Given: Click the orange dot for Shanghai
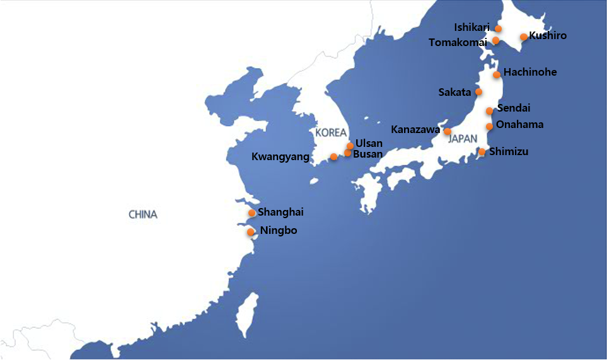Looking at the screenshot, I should (x=252, y=213).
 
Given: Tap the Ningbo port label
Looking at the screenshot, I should (x=278, y=231).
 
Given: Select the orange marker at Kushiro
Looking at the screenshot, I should (x=523, y=37).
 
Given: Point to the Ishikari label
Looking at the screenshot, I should (x=471, y=27).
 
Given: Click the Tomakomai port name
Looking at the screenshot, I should (x=458, y=42).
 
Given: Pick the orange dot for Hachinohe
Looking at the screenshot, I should (x=497, y=74).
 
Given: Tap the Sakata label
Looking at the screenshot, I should (x=454, y=92).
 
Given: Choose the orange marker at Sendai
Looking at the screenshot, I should (x=490, y=111).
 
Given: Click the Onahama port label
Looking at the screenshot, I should (x=519, y=124).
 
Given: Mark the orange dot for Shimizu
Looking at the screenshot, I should (x=482, y=151).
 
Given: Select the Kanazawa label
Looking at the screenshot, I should (x=415, y=129).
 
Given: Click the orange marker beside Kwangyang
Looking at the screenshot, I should (x=333, y=157).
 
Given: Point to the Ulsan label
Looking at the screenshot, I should (x=369, y=143).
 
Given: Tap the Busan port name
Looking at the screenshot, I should (x=367, y=154).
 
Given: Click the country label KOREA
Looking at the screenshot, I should (x=331, y=132).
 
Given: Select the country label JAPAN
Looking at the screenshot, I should (x=463, y=140).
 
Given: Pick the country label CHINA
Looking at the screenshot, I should (x=143, y=214).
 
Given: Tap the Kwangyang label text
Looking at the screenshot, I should (x=280, y=157).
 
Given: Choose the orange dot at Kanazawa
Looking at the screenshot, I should (x=448, y=132).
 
